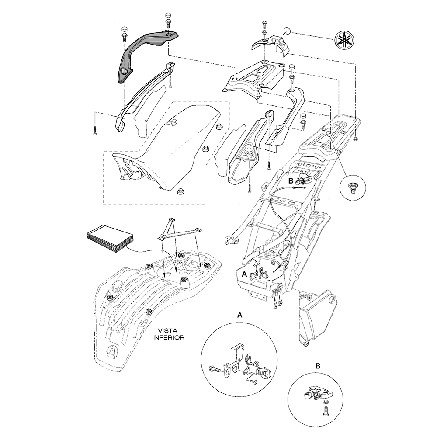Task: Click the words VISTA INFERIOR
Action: click(x=168, y=334)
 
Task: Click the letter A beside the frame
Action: click(x=245, y=273)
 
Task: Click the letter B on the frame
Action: click(x=290, y=180)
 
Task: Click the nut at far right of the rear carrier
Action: click(x=356, y=139)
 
